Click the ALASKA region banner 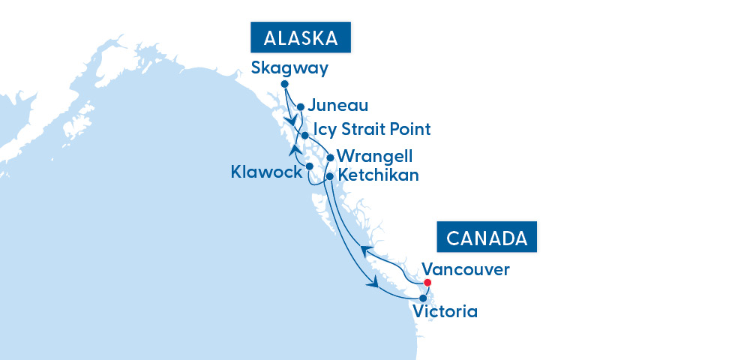tap(301, 38)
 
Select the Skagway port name tap(290, 68)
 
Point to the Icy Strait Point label tap(372, 130)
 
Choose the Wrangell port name tap(375, 157)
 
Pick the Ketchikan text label tap(379, 175)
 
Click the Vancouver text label tap(466, 268)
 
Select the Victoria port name tap(445, 310)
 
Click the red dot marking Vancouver tap(427, 283)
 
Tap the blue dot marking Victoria tap(423, 298)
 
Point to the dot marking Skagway tap(284, 84)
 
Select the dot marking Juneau tap(301, 106)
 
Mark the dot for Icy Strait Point tap(304, 135)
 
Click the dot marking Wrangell tap(330, 158)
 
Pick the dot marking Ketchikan tap(330, 175)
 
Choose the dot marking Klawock tap(309, 166)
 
